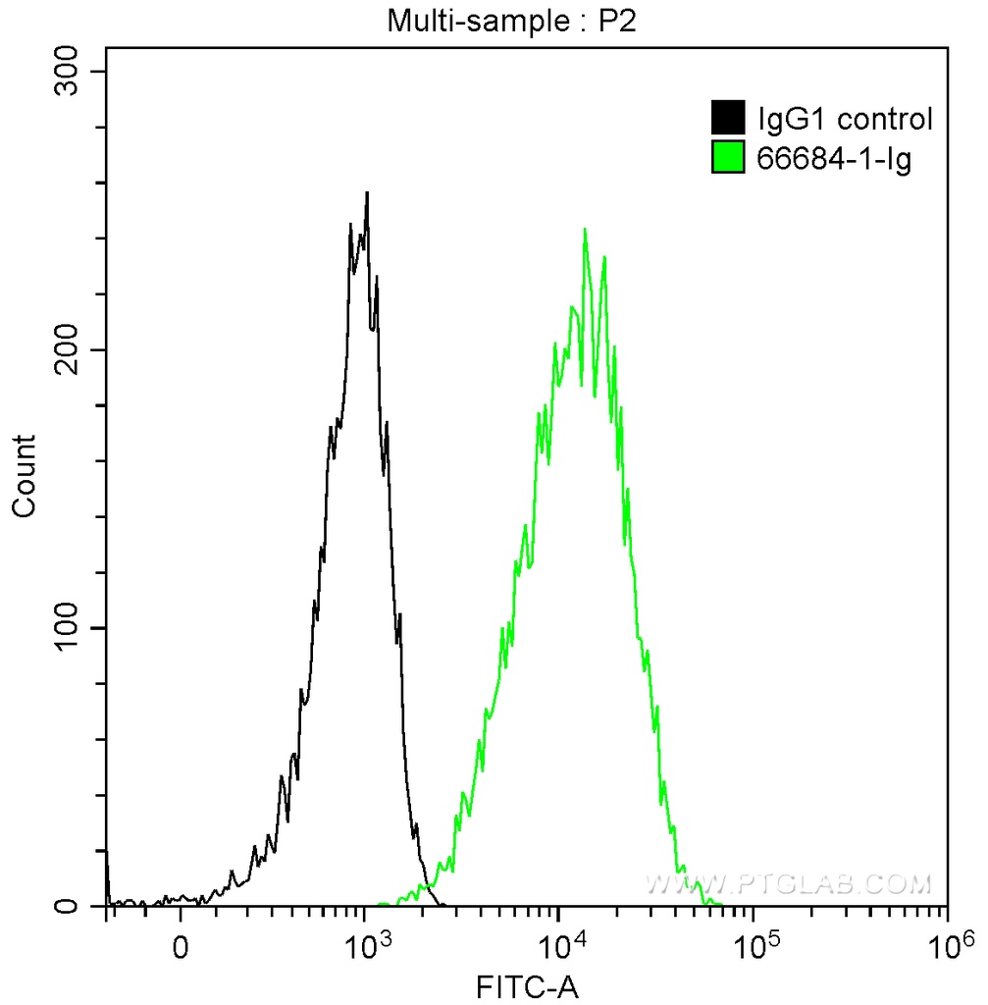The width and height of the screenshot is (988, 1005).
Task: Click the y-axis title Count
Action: [25, 475]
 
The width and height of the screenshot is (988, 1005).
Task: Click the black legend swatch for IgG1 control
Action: [728, 120]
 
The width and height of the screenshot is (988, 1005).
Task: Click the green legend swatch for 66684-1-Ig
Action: [728, 157]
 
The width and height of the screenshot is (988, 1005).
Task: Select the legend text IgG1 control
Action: [844, 120]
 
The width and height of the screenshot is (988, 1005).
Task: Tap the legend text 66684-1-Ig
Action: [834, 157]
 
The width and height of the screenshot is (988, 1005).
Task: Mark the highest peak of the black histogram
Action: [367, 194]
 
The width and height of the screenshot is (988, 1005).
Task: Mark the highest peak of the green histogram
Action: [585, 231]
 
